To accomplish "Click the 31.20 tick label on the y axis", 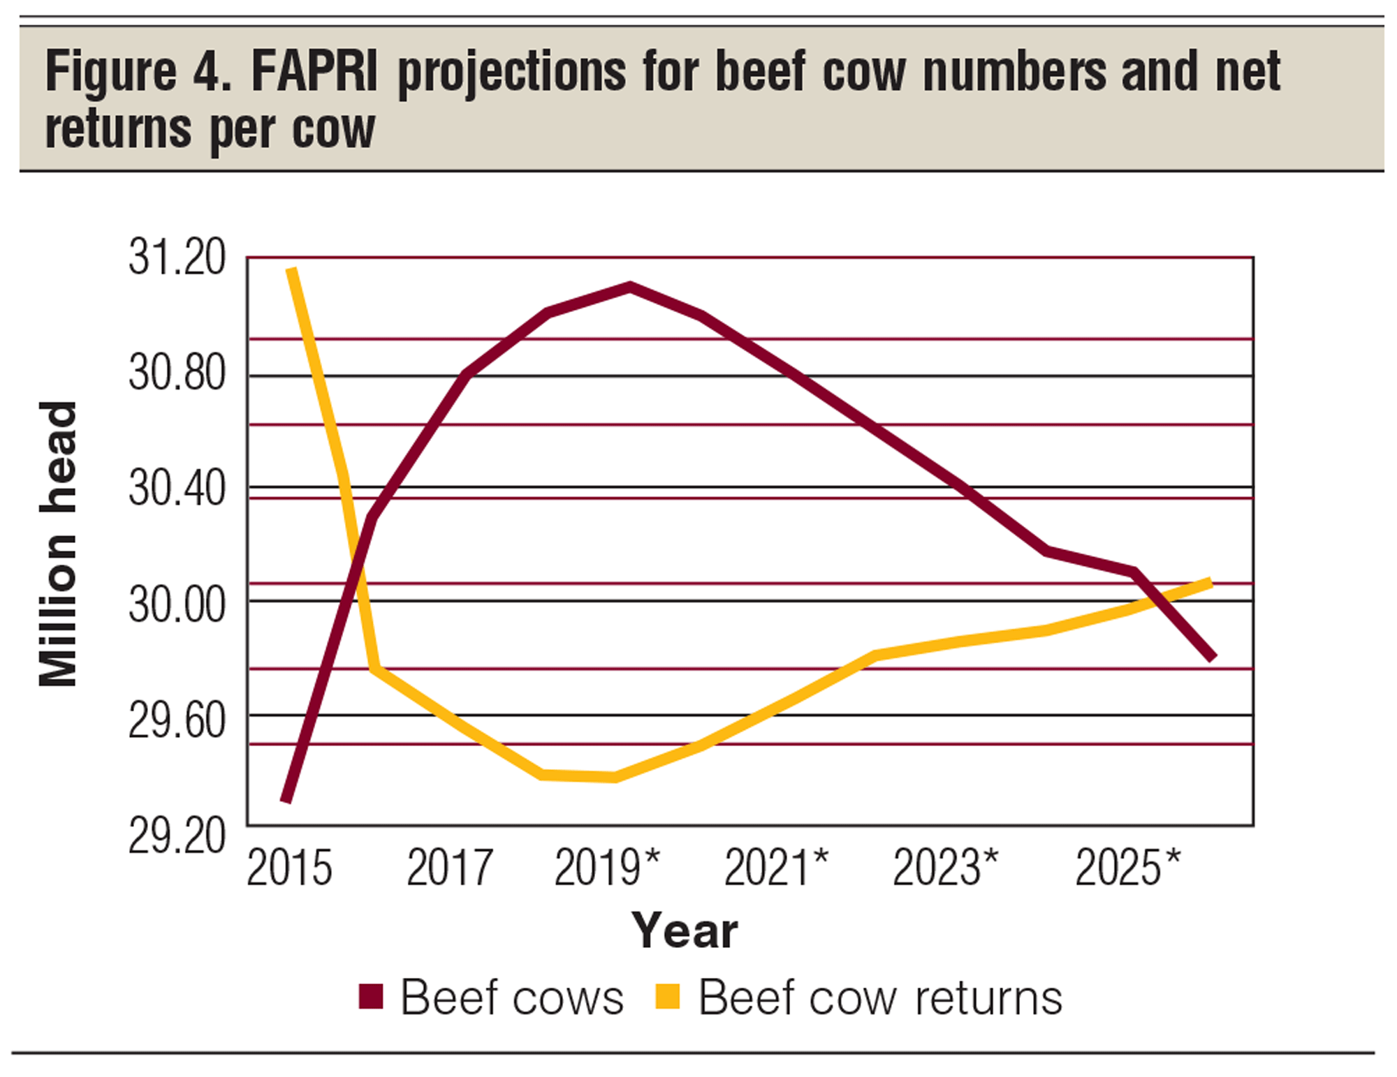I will point(177,258).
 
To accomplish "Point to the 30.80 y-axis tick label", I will point(177,373).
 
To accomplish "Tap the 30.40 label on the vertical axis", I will point(177,488).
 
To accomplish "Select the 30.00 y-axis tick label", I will point(177,604).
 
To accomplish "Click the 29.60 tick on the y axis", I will point(177,720).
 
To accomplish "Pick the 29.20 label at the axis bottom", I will point(177,835).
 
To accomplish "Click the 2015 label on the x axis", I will point(289,868).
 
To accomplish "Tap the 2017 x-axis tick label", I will point(450,868).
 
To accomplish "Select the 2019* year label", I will point(606,868).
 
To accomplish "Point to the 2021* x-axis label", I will point(776,868).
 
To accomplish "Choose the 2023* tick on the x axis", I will point(945,868).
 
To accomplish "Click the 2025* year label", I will point(1127,868).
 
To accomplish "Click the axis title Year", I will point(685,931).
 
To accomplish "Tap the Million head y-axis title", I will point(59,544).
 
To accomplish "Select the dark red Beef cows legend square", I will point(371,996).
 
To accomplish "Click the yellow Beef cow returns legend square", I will point(668,996).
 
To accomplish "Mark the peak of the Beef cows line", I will point(630,286).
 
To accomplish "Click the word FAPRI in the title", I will point(314,72).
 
